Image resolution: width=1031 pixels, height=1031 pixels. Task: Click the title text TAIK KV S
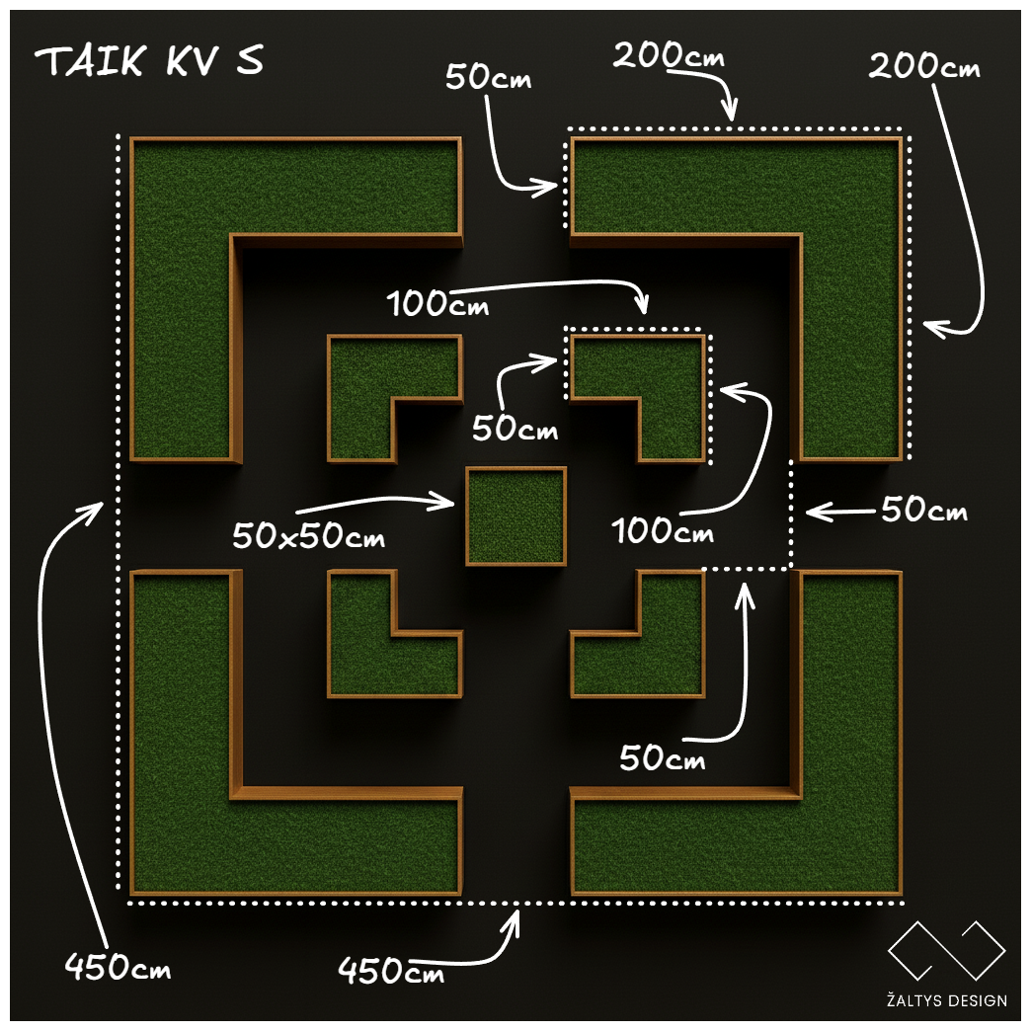click(149, 62)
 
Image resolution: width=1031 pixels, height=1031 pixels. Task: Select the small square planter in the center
click(515, 515)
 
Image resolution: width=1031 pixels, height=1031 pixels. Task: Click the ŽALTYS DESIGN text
click(947, 1000)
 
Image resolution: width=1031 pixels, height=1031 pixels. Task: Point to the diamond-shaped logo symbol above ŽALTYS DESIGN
click(946, 951)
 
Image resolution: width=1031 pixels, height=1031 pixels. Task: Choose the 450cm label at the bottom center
click(391, 970)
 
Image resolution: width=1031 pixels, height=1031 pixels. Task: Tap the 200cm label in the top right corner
click(924, 67)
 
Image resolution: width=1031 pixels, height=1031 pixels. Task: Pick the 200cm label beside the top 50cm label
click(669, 56)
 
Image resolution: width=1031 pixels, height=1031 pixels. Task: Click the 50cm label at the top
click(488, 77)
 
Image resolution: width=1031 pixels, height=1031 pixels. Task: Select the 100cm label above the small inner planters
click(438, 303)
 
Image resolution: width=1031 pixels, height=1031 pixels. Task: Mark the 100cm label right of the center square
click(662, 531)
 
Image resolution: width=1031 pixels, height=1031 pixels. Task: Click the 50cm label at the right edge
click(923, 511)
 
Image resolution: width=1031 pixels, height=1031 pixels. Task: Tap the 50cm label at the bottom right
click(663, 758)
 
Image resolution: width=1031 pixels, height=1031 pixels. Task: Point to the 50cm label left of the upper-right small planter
click(515, 430)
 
